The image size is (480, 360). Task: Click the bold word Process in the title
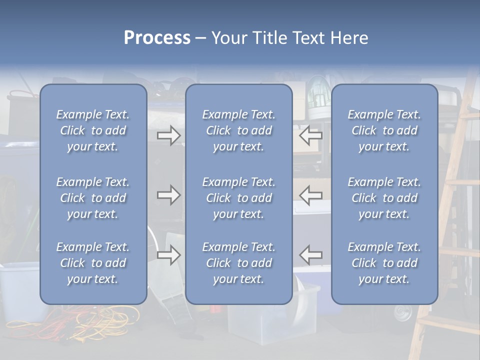157,38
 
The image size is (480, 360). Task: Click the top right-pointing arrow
168,135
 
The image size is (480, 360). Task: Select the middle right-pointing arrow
168,195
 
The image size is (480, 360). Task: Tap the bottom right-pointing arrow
168,255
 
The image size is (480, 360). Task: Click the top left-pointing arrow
310,135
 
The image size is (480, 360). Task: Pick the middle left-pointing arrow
310,195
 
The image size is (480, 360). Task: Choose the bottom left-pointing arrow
310,255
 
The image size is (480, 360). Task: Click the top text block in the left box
93,130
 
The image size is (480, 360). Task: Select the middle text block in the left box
93,198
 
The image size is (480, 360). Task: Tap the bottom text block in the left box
93,263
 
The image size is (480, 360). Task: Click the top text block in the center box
238,130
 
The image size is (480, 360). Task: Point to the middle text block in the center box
238,198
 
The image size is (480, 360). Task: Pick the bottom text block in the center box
238,263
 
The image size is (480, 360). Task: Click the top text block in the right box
384,130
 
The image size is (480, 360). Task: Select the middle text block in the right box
384,198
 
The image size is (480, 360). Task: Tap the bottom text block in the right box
384,263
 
